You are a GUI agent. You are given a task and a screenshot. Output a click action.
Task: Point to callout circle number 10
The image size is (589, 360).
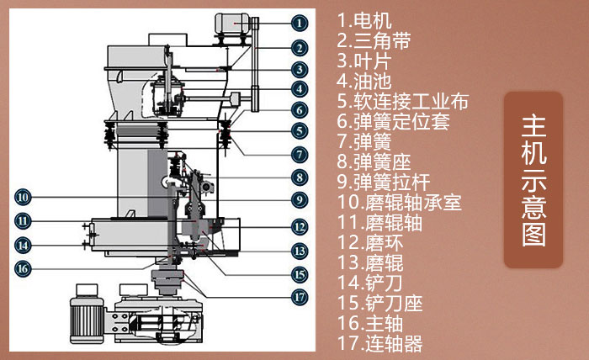pos(24,197)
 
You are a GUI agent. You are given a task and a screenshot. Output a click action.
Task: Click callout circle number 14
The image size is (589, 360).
pos(24,245)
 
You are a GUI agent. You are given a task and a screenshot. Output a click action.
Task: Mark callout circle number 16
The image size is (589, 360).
pos(24,268)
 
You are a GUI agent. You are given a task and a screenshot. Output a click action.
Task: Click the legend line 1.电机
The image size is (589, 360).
pos(363,18)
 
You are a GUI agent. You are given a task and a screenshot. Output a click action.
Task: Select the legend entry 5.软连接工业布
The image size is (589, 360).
pos(402,102)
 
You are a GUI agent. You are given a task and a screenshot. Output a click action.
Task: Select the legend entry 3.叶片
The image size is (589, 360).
pos(363,60)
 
